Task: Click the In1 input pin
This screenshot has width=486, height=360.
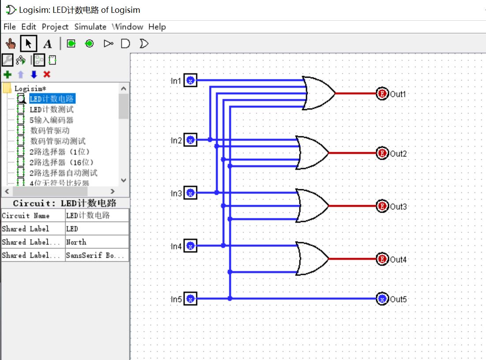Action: click(190, 80)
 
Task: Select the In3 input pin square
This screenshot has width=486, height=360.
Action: click(190, 193)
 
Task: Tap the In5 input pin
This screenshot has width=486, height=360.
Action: click(190, 299)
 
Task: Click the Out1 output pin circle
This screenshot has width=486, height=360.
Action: click(382, 94)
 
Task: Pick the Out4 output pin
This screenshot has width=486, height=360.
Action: click(382, 259)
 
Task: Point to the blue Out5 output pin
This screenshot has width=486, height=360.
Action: click(382, 299)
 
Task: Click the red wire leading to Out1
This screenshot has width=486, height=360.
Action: click(355, 94)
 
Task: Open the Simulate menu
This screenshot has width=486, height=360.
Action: click(90, 27)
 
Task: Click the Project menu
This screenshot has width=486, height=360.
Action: click(55, 27)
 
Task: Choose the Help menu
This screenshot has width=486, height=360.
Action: click(157, 27)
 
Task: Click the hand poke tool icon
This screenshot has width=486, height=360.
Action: click(11, 44)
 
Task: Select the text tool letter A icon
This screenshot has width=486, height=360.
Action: click(48, 44)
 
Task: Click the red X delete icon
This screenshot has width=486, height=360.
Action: click(47, 75)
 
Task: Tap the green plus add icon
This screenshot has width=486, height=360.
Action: click(7, 75)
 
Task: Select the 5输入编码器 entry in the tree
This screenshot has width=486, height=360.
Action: click(51, 120)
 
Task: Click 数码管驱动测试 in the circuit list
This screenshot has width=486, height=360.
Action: click(58, 141)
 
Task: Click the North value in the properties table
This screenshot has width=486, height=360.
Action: click(76, 242)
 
